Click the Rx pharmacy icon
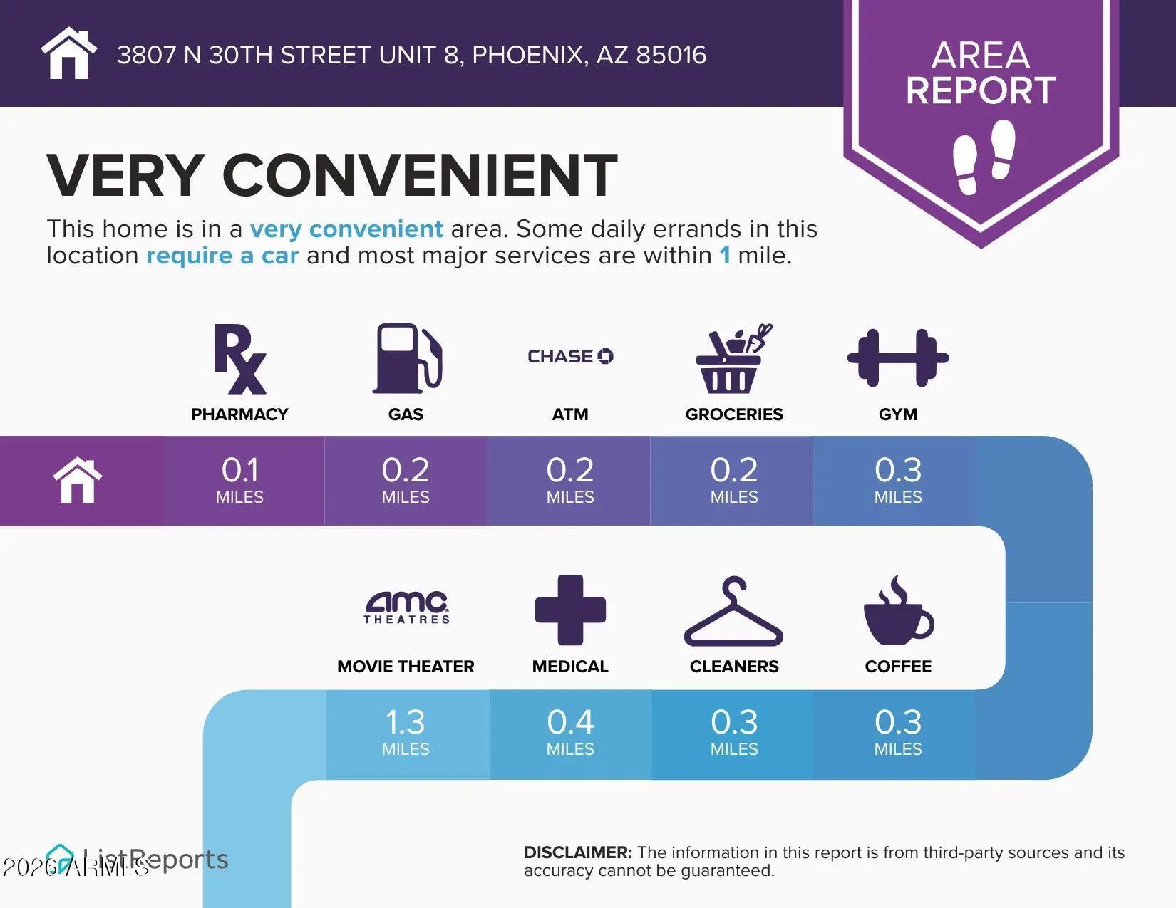tap(240, 359)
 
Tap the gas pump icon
tap(407, 358)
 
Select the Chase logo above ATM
tap(570, 356)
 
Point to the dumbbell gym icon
tap(898, 358)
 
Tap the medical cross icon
tap(570, 610)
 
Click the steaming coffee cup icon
tap(898, 610)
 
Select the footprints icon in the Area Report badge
tap(984, 157)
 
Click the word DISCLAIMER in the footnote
tap(577, 852)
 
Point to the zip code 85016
tap(671, 55)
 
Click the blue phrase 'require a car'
tap(222, 256)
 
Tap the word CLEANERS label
tap(734, 667)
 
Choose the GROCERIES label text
tap(734, 414)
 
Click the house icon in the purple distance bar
tap(78, 481)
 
